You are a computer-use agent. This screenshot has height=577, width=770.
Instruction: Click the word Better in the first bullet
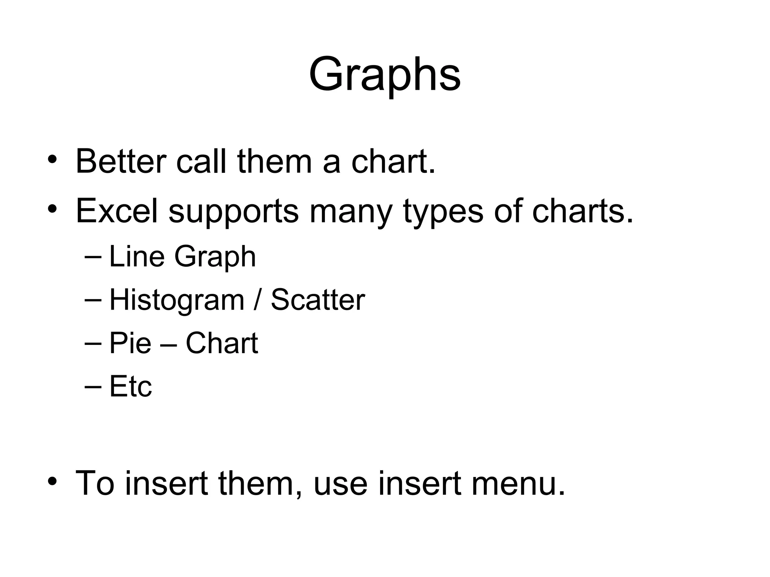tap(121, 161)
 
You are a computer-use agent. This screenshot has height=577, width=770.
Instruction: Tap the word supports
tap(233, 211)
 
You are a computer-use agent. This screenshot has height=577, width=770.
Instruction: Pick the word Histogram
tap(177, 300)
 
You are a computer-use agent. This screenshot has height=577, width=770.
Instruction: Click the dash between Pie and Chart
tap(168, 344)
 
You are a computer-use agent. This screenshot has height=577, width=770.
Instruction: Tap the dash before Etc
tap(93, 386)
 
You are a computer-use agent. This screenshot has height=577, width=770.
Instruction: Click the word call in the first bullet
tap(201, 161)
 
